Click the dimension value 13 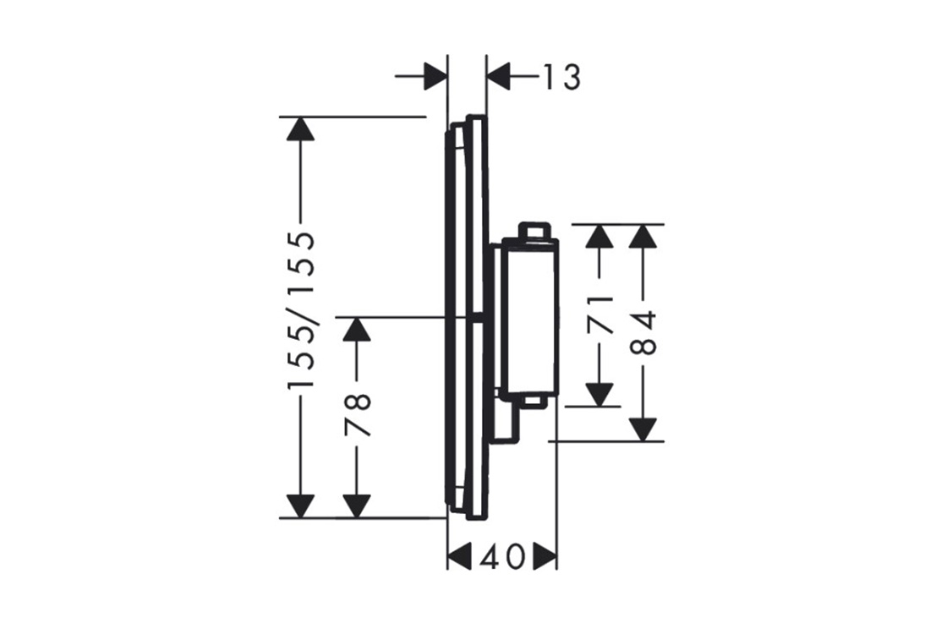(x=561, y=77)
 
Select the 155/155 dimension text (x=301, y=310)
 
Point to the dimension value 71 (x=599, y=314)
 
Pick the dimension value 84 (x=643, y=333)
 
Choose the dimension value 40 (x=502, y=557)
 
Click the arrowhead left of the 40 (x=459, y=556)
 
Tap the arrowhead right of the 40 (x=545, y=556)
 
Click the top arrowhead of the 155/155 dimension (x=300, y=128)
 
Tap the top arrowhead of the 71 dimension (x=599, y=236)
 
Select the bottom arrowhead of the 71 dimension (x=599, y=395)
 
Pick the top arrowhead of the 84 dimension (x=643, y=236)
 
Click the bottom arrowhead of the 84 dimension (x=643, y=430)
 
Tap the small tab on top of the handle (x=533, y=231)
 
